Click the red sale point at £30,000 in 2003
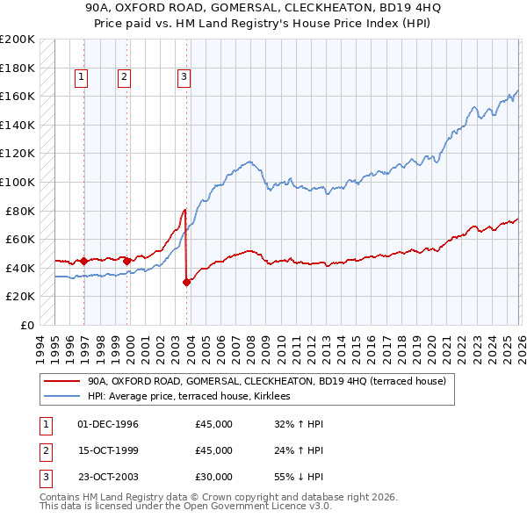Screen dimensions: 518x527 point(186,282)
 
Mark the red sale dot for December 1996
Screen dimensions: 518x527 point(83,261)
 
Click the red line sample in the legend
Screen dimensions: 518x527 point(62,382)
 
